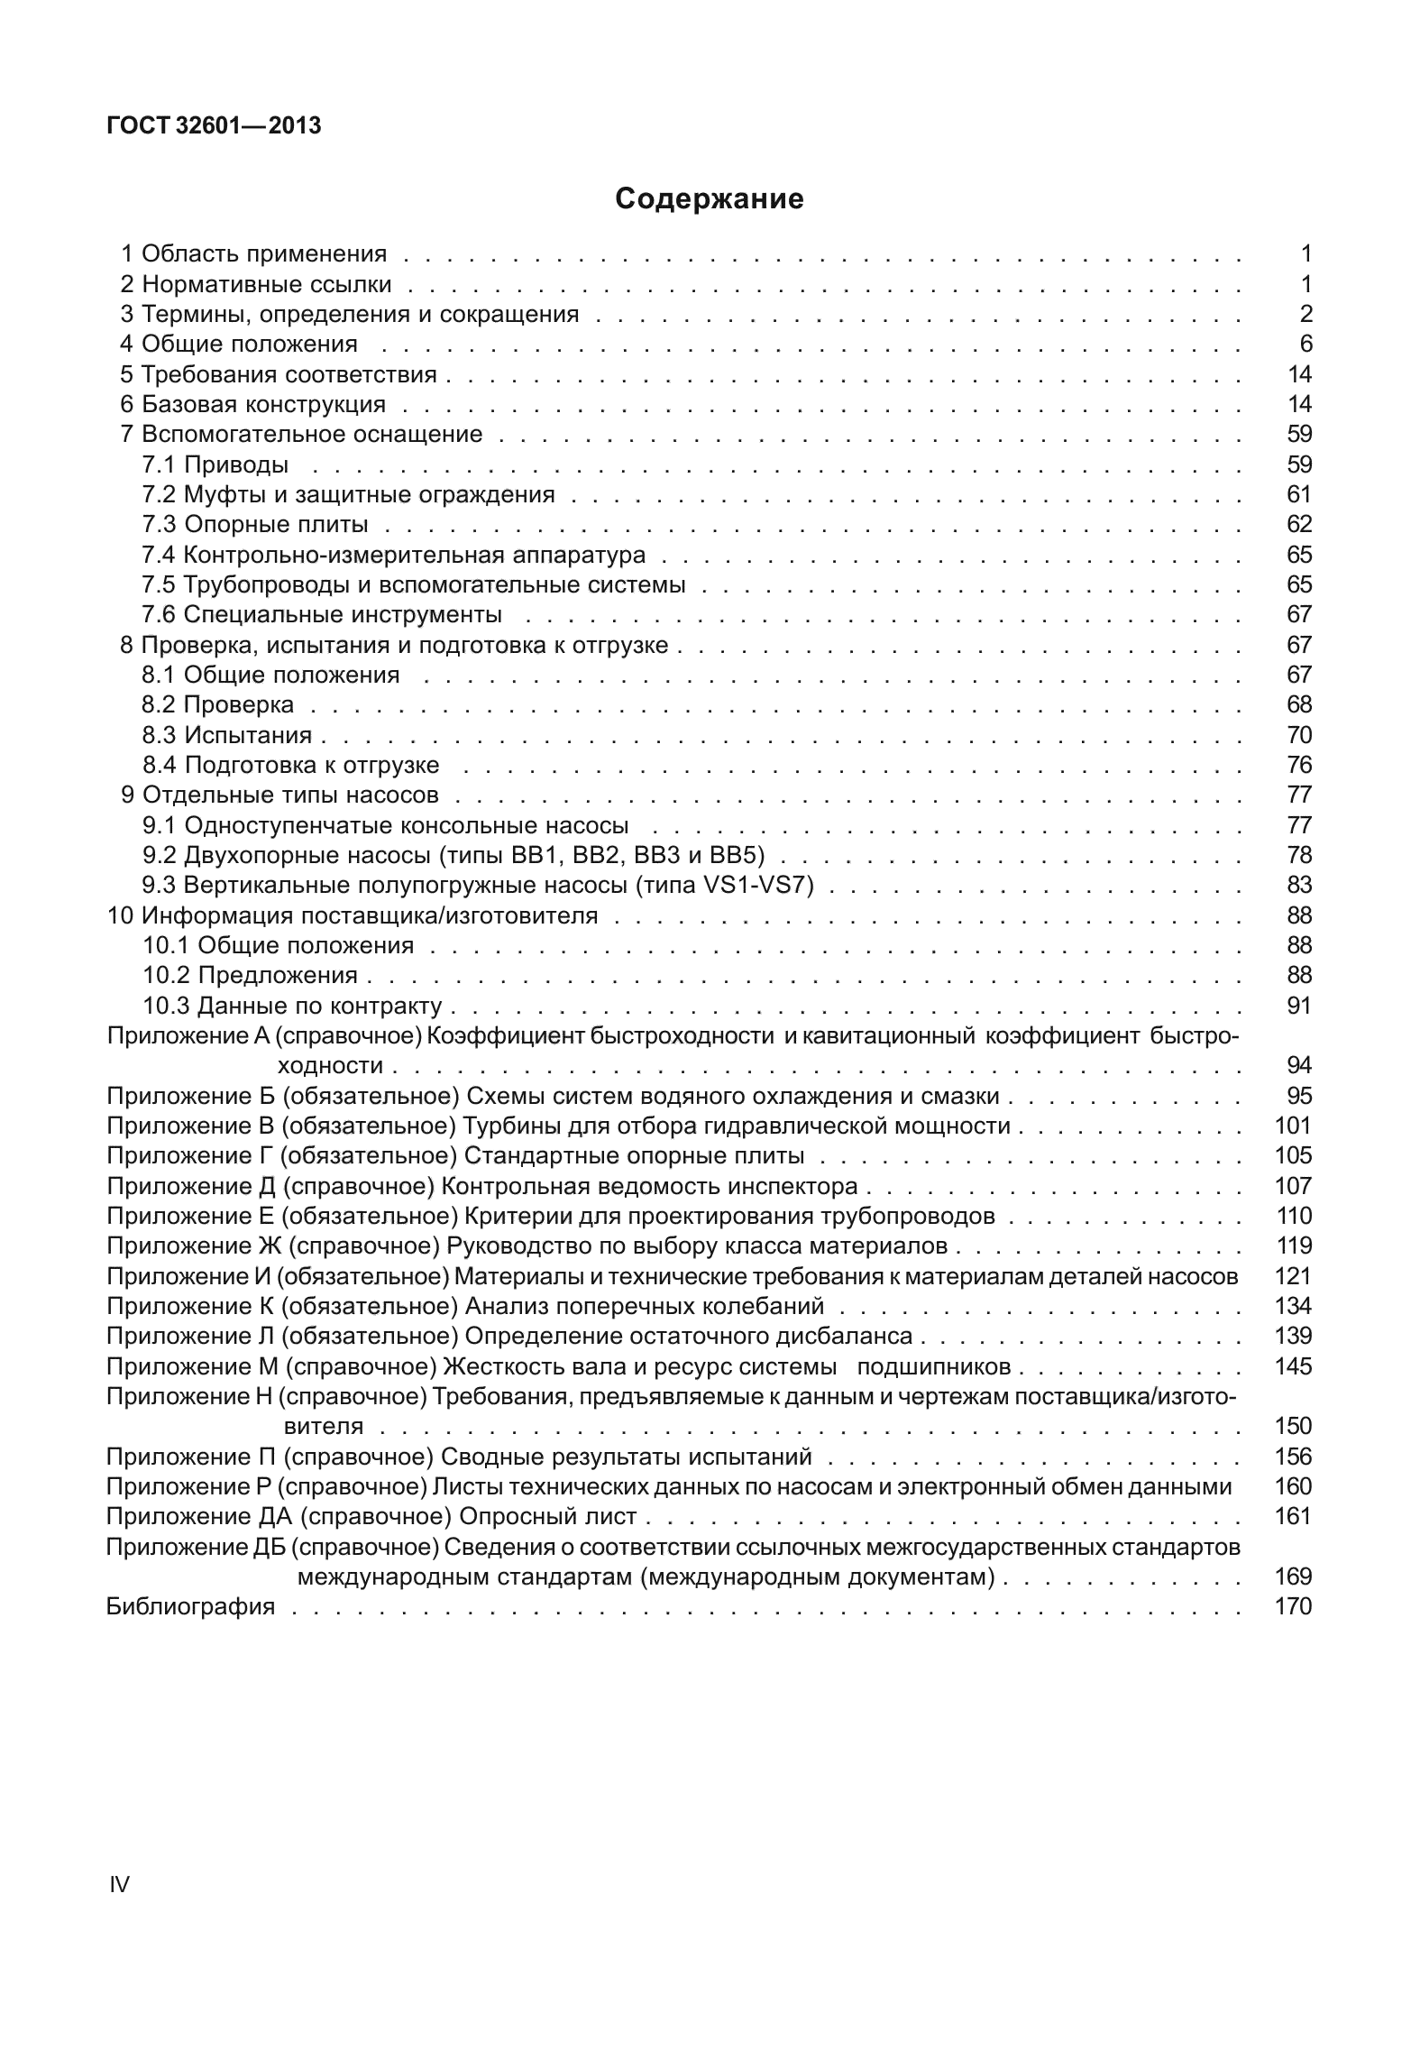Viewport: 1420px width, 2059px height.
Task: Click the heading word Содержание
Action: point(709,198)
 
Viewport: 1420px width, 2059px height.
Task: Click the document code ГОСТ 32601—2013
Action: point(214,126)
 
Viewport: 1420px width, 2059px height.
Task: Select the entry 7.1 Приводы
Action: point(215,464)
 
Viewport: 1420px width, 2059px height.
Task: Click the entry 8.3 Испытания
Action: point(227,735)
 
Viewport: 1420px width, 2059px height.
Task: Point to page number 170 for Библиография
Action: point(1293,1606)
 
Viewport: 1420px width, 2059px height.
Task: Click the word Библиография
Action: point(190,1606)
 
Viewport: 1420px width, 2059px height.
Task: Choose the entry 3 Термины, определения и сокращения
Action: point(350,314)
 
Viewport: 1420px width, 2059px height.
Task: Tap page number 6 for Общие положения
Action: point(1305,344)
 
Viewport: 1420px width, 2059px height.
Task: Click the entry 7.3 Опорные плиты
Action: point(255,524)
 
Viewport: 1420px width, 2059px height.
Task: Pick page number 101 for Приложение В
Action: point(1293,1126)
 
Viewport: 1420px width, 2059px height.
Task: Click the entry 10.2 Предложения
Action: point(251,975)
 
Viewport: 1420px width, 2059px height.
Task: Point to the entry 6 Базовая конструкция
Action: point(253,404)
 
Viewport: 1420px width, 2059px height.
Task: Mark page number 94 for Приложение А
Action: point(1298,1065)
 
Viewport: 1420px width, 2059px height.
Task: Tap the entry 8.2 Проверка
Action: point(218,704)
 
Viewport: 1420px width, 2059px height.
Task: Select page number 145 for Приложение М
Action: point(1293,1366)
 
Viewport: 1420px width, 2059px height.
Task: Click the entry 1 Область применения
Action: point(254,253)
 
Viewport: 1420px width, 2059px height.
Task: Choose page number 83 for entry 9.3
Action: point(1298,885)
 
